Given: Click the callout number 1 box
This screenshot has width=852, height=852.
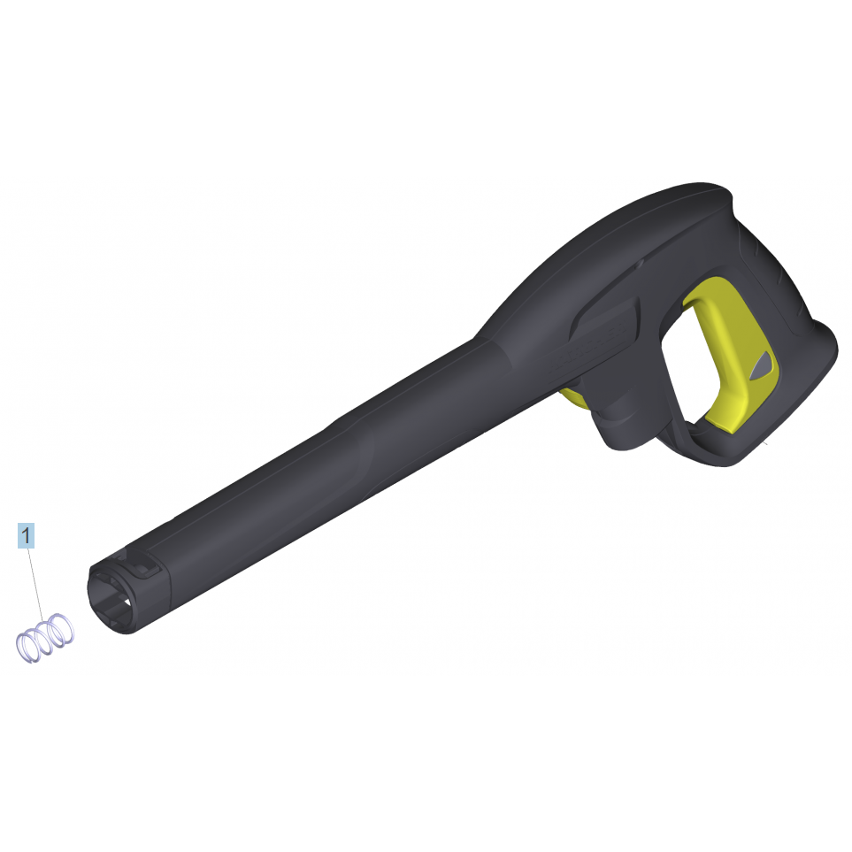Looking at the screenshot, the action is click(x=26, y=536).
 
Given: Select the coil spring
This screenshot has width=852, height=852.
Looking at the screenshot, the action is click(x=45, y=638).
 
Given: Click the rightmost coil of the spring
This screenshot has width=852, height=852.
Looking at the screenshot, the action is click(x=61, y=629).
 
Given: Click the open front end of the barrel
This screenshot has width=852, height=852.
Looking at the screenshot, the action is click(x=111, y=598).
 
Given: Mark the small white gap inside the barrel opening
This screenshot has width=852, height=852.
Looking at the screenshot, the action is click(x=127, y=602).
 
